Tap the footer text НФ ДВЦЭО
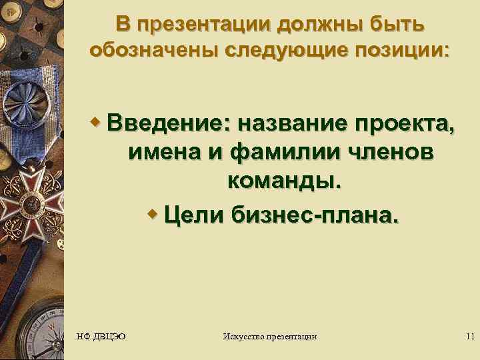[101, 336]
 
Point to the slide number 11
[469, 336]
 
